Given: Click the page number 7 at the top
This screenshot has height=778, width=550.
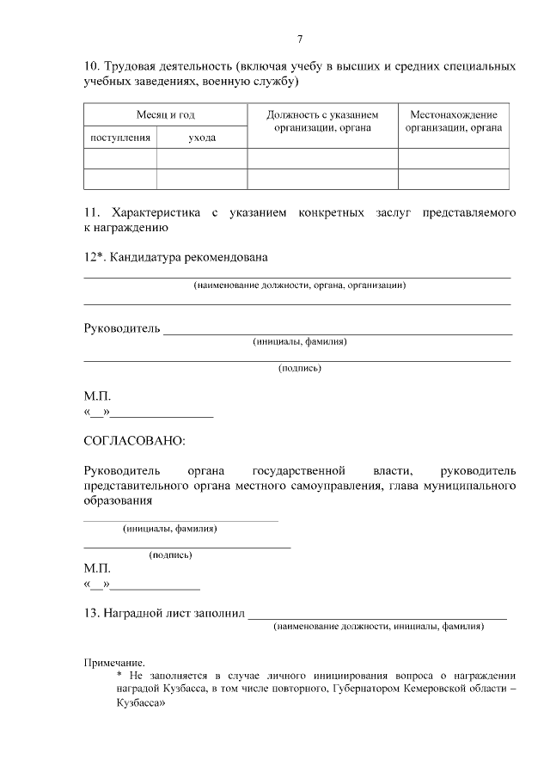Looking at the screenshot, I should (x=299, y=39).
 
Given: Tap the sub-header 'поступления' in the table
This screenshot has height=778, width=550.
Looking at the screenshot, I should (x=120, y=137).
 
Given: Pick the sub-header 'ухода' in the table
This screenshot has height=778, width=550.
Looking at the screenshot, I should (x=202, y=137).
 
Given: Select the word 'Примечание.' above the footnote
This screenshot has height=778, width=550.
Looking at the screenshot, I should (x=113, y=664).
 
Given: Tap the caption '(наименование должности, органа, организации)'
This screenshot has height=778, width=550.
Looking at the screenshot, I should (x=299, y=285).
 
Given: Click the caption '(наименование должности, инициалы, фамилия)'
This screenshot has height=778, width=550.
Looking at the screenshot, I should (x=378, y=627).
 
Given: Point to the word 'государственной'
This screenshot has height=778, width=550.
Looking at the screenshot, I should (x=299, y=470).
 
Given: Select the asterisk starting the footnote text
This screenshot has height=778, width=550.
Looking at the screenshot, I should (x=119, y=677).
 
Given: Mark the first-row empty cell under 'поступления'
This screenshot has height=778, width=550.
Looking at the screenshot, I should (x=120, y=158).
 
